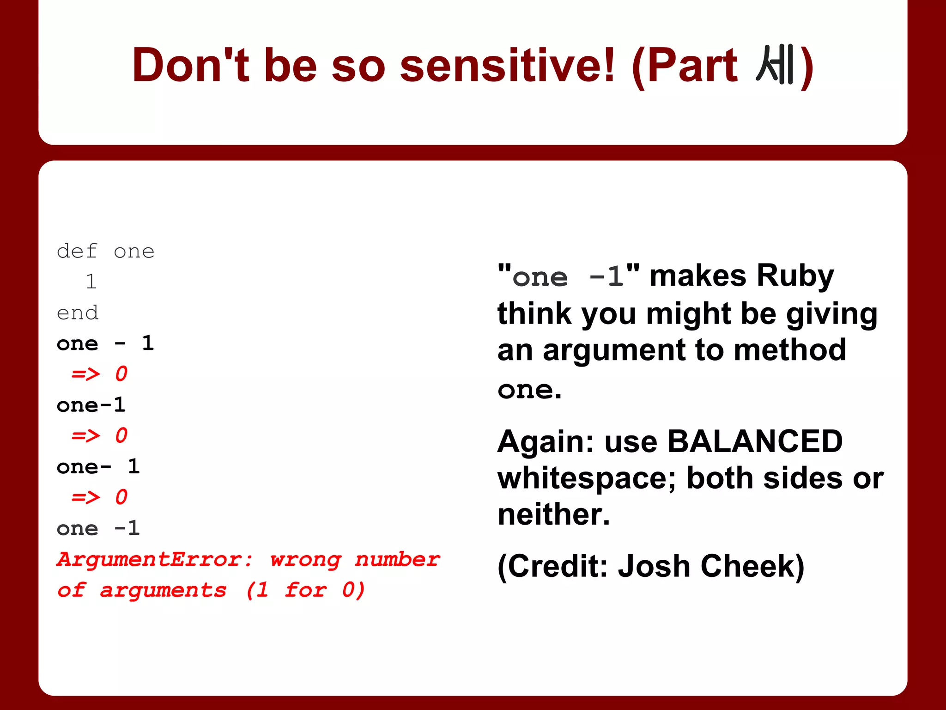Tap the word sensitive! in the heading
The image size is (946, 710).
pyautogui.click(x=507, y=65)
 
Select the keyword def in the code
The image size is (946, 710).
pyautogui.click(x=77, y=251)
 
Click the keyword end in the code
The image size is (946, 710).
pyautogui.click(x=77, y=313)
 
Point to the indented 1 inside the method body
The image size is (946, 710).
pyautogui.click(x=91, y=282)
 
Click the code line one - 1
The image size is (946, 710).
pyautogui.click(x=105, y=343)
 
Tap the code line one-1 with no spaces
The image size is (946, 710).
pyautogui.click(x=91, y=405)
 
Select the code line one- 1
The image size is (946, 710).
pyautogui.click(x=98, y=467)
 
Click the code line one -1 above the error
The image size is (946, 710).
pyautogui.click(x=98, y=528)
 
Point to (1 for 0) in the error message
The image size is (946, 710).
pyautogui.click(x=305, y=590)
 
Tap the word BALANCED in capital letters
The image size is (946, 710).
pyautogui.click(x=755, y=441)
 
